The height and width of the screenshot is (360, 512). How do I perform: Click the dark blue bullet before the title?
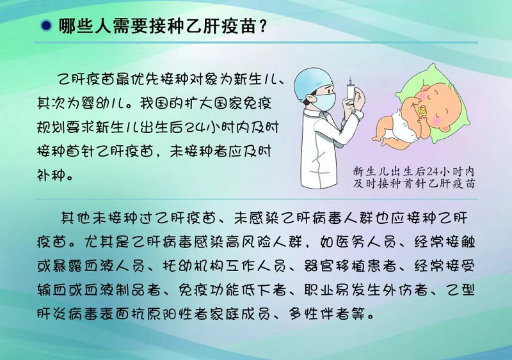[x=47, y=26]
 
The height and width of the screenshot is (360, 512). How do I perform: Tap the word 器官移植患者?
[x=349, y=266]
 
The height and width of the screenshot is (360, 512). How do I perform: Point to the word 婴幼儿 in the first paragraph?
[x=105, y=104]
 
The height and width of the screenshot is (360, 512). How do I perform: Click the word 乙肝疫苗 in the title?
[x=220, y=26]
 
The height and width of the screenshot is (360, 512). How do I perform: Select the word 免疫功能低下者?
[x=232, y=290]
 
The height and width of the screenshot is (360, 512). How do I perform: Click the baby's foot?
[x=378, y=138]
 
